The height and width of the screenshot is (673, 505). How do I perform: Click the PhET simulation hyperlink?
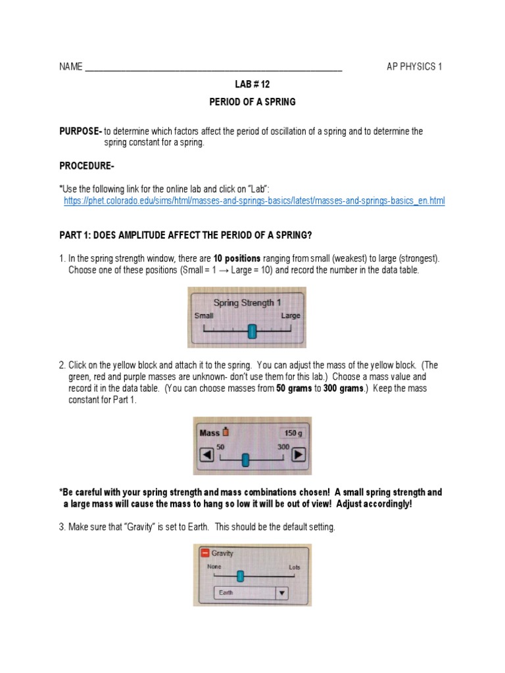pos(254,200)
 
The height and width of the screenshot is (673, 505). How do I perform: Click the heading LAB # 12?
pos(252,85)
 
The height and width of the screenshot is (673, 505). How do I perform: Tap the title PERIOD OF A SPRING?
pos(252,102)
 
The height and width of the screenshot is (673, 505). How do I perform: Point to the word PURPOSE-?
pos(80,131)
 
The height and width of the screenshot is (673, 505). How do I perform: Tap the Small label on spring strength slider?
pos(204,316)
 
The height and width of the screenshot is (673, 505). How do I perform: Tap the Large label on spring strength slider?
pos(291,316)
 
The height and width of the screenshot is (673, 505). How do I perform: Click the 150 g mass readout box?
pos(292,433)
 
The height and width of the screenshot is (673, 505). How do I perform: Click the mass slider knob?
pos(245,459)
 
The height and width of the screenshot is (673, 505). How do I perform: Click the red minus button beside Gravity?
pos(204,553)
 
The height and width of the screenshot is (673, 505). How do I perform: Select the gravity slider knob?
pos(240,576)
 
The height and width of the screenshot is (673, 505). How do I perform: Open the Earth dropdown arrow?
pos(281,592)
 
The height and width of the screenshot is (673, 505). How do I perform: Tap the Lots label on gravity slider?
pos(294,567)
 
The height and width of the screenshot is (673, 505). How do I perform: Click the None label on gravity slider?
pos(214,567)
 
